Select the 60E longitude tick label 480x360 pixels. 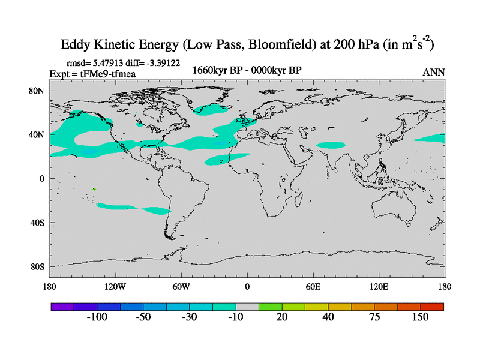coord(313,286)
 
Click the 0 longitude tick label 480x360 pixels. coord(247,286)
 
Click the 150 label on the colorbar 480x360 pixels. coord(420,317)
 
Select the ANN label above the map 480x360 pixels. coord(433,72)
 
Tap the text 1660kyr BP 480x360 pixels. coord(214,70)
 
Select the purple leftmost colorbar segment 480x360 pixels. coord(62,306)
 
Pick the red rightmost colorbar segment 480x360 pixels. coord(432,306)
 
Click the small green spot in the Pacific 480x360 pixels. coord(94,190)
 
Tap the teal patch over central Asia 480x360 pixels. coord(331,145)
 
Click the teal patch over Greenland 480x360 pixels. coord(215,109)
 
